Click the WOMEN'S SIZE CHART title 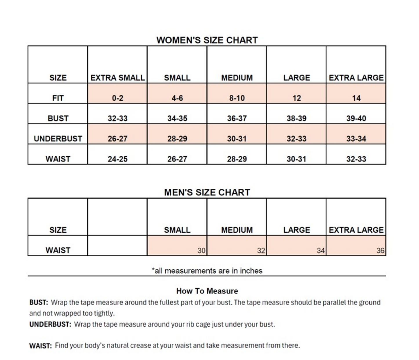coord(207,40)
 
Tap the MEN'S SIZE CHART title coord(207,192)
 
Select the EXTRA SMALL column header coord(117,78)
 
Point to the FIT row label coord(58,98)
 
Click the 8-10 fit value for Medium coord(237,98)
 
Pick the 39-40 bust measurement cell coord(356,118)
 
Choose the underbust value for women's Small coord(177,139)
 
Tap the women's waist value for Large coord(296,159)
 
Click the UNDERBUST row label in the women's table coord(58,139)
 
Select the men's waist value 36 coord(380,250)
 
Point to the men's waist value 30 coord(201,250)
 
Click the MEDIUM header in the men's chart coord(237,230)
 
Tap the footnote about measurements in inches coord(207,271)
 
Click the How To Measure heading coord(207,291)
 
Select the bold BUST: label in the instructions coord(39,302)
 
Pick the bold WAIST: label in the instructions coord(40,346)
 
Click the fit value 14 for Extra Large coord(356,98)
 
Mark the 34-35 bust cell coord(177,118)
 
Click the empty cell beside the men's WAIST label coord(117,246)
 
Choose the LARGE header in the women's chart coord(296,78)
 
